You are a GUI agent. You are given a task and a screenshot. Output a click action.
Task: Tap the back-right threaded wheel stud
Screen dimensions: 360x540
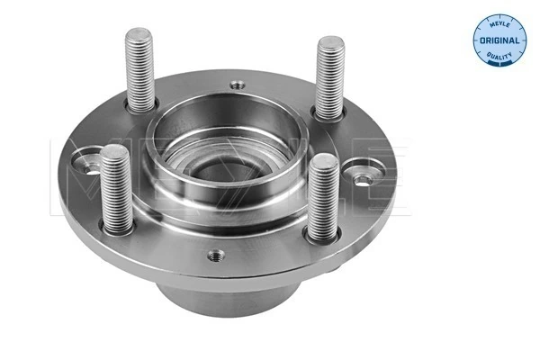[x=330, y=76]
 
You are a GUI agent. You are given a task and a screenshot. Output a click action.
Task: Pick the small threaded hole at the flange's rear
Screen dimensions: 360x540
[x=237, y=85]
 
